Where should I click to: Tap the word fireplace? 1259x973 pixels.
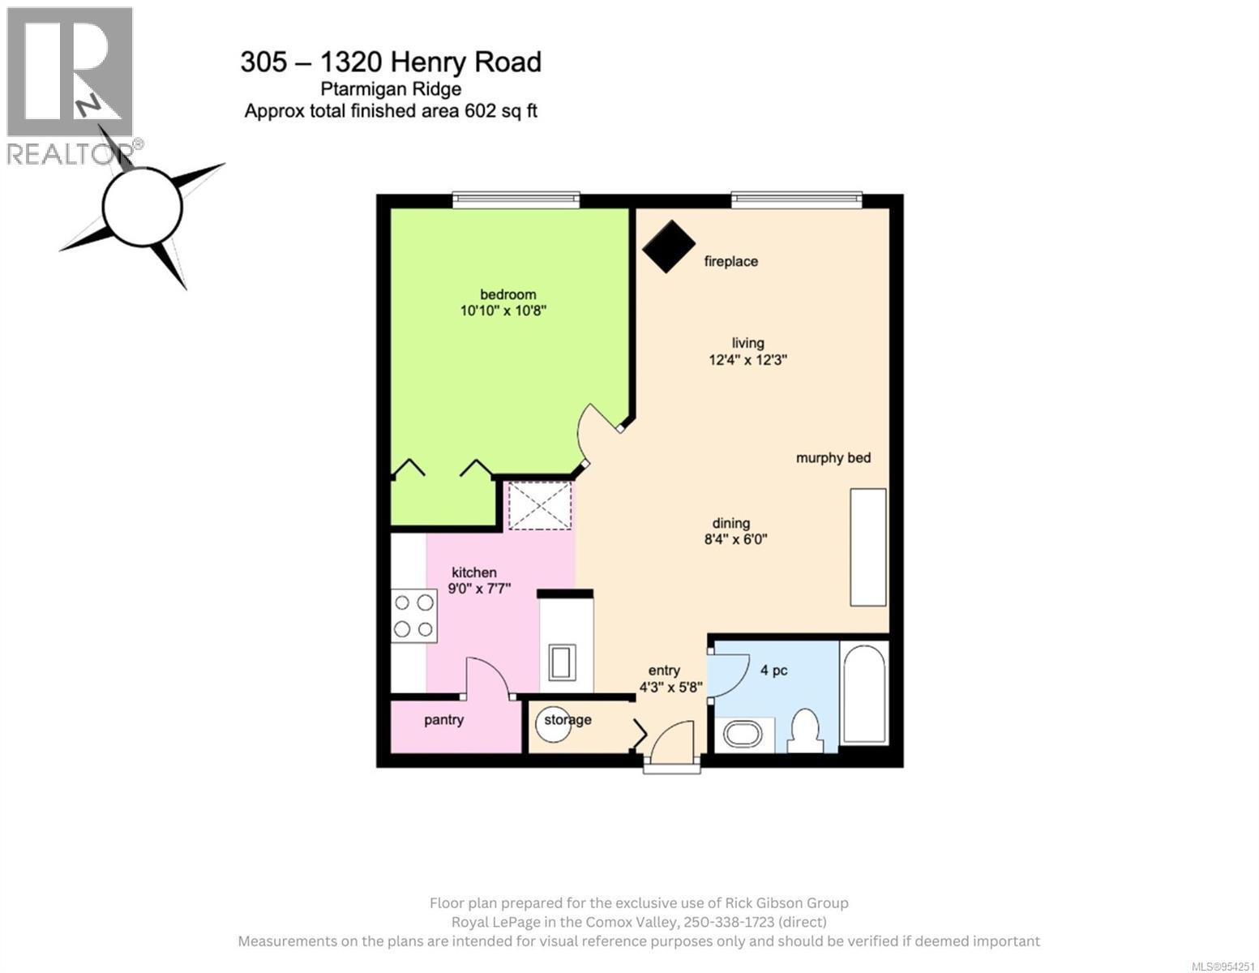[730, 261]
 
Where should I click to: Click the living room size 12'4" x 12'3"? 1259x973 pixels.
[747, 359]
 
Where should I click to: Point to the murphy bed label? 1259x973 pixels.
[833, 458]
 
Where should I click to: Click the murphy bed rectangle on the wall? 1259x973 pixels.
[867, 547]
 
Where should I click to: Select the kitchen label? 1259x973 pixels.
[473, 572]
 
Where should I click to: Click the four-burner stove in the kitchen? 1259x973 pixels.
[413, 615]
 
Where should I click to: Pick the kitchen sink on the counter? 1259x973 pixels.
[565, 662]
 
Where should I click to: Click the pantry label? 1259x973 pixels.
[443, 720]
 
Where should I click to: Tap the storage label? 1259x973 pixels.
[567, 719]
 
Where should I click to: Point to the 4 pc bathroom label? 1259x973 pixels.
[773, 671]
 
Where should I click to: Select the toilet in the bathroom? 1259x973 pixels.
[805, 730]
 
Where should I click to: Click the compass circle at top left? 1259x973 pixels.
[143, 208]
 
